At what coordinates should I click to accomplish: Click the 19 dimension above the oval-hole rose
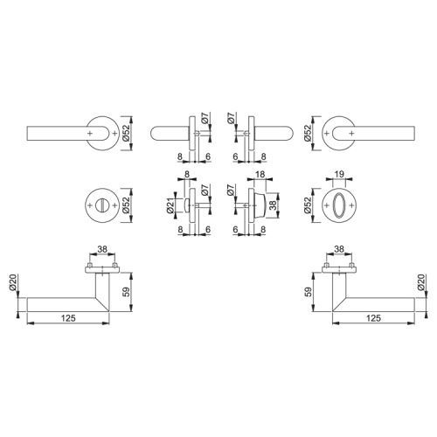pos(339,174)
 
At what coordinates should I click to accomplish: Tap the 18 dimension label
pos(260,174)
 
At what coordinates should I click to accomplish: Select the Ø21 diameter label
pos(170,205)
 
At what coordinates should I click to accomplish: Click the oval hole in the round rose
pos(339,205)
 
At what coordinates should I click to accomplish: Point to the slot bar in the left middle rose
pos(102,205)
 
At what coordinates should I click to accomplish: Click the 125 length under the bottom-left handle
pos(68,318)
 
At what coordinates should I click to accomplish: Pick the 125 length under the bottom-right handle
pos(373,318)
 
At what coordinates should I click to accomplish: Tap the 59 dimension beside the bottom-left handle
pos(126,292)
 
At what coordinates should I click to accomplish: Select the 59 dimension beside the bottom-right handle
pos(309,292)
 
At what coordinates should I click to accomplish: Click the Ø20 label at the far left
pos(13,282)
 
